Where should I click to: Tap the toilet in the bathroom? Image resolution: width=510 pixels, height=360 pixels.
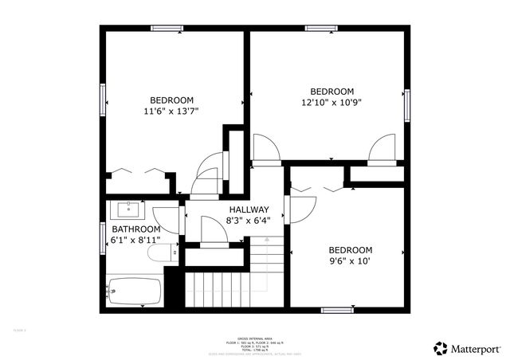point(163,253)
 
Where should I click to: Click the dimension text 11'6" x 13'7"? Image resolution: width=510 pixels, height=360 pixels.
point(171,112)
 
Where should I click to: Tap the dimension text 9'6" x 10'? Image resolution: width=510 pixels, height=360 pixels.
point(350,260)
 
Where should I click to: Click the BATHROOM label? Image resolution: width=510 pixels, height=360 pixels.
point(135,229)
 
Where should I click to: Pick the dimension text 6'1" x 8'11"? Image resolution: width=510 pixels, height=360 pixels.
point(135,239)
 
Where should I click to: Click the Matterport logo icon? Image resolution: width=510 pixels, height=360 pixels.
point(440,348)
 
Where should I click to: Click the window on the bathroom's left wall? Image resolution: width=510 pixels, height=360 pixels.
point(104,238)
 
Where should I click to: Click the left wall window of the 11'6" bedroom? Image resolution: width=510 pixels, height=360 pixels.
point(104,100)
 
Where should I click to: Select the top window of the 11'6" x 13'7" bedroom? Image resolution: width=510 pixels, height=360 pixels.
point(167,29)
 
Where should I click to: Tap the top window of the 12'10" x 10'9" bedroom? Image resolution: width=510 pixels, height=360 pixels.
point(321,29)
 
